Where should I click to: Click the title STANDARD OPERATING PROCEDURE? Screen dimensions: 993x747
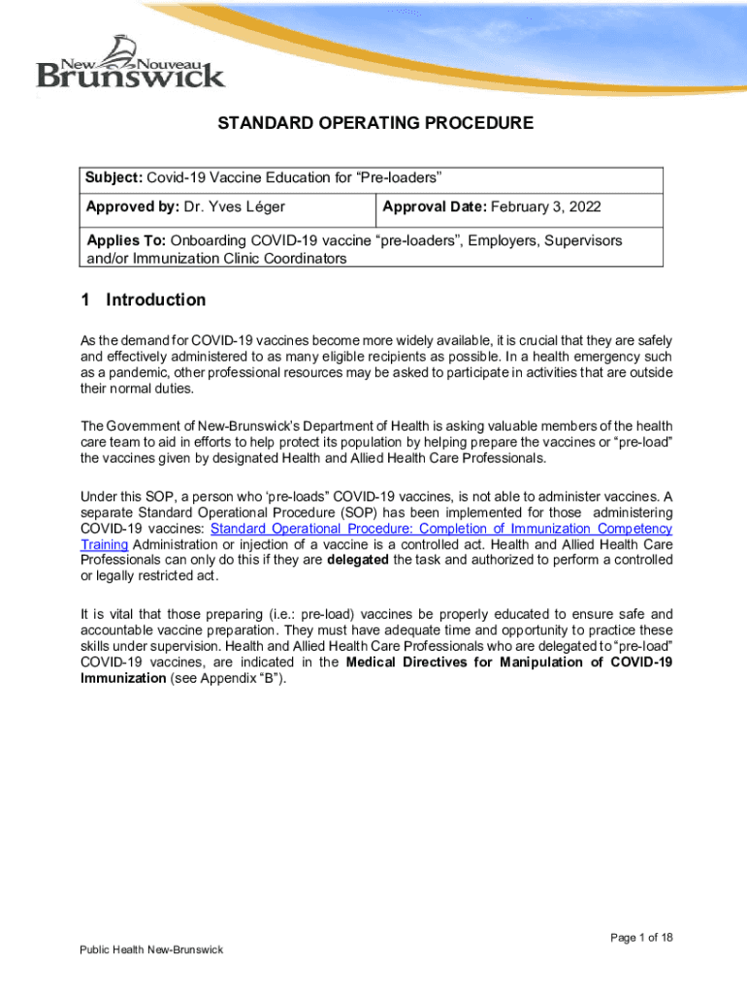coord(374,124)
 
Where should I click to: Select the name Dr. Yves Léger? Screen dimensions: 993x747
coord(235,207)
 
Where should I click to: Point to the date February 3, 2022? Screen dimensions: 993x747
coord(549,207)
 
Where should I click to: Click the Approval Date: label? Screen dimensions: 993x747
coord(435,207)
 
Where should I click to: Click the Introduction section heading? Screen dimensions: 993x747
coord(156,300)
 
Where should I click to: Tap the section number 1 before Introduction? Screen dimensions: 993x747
coord(86,300)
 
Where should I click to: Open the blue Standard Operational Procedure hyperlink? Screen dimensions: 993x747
coord(440,529)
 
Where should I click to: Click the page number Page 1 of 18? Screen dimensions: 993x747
coord(641,937)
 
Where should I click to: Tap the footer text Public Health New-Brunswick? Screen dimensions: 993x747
coord(151,949)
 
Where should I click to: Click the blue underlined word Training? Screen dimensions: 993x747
coord(104,544)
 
